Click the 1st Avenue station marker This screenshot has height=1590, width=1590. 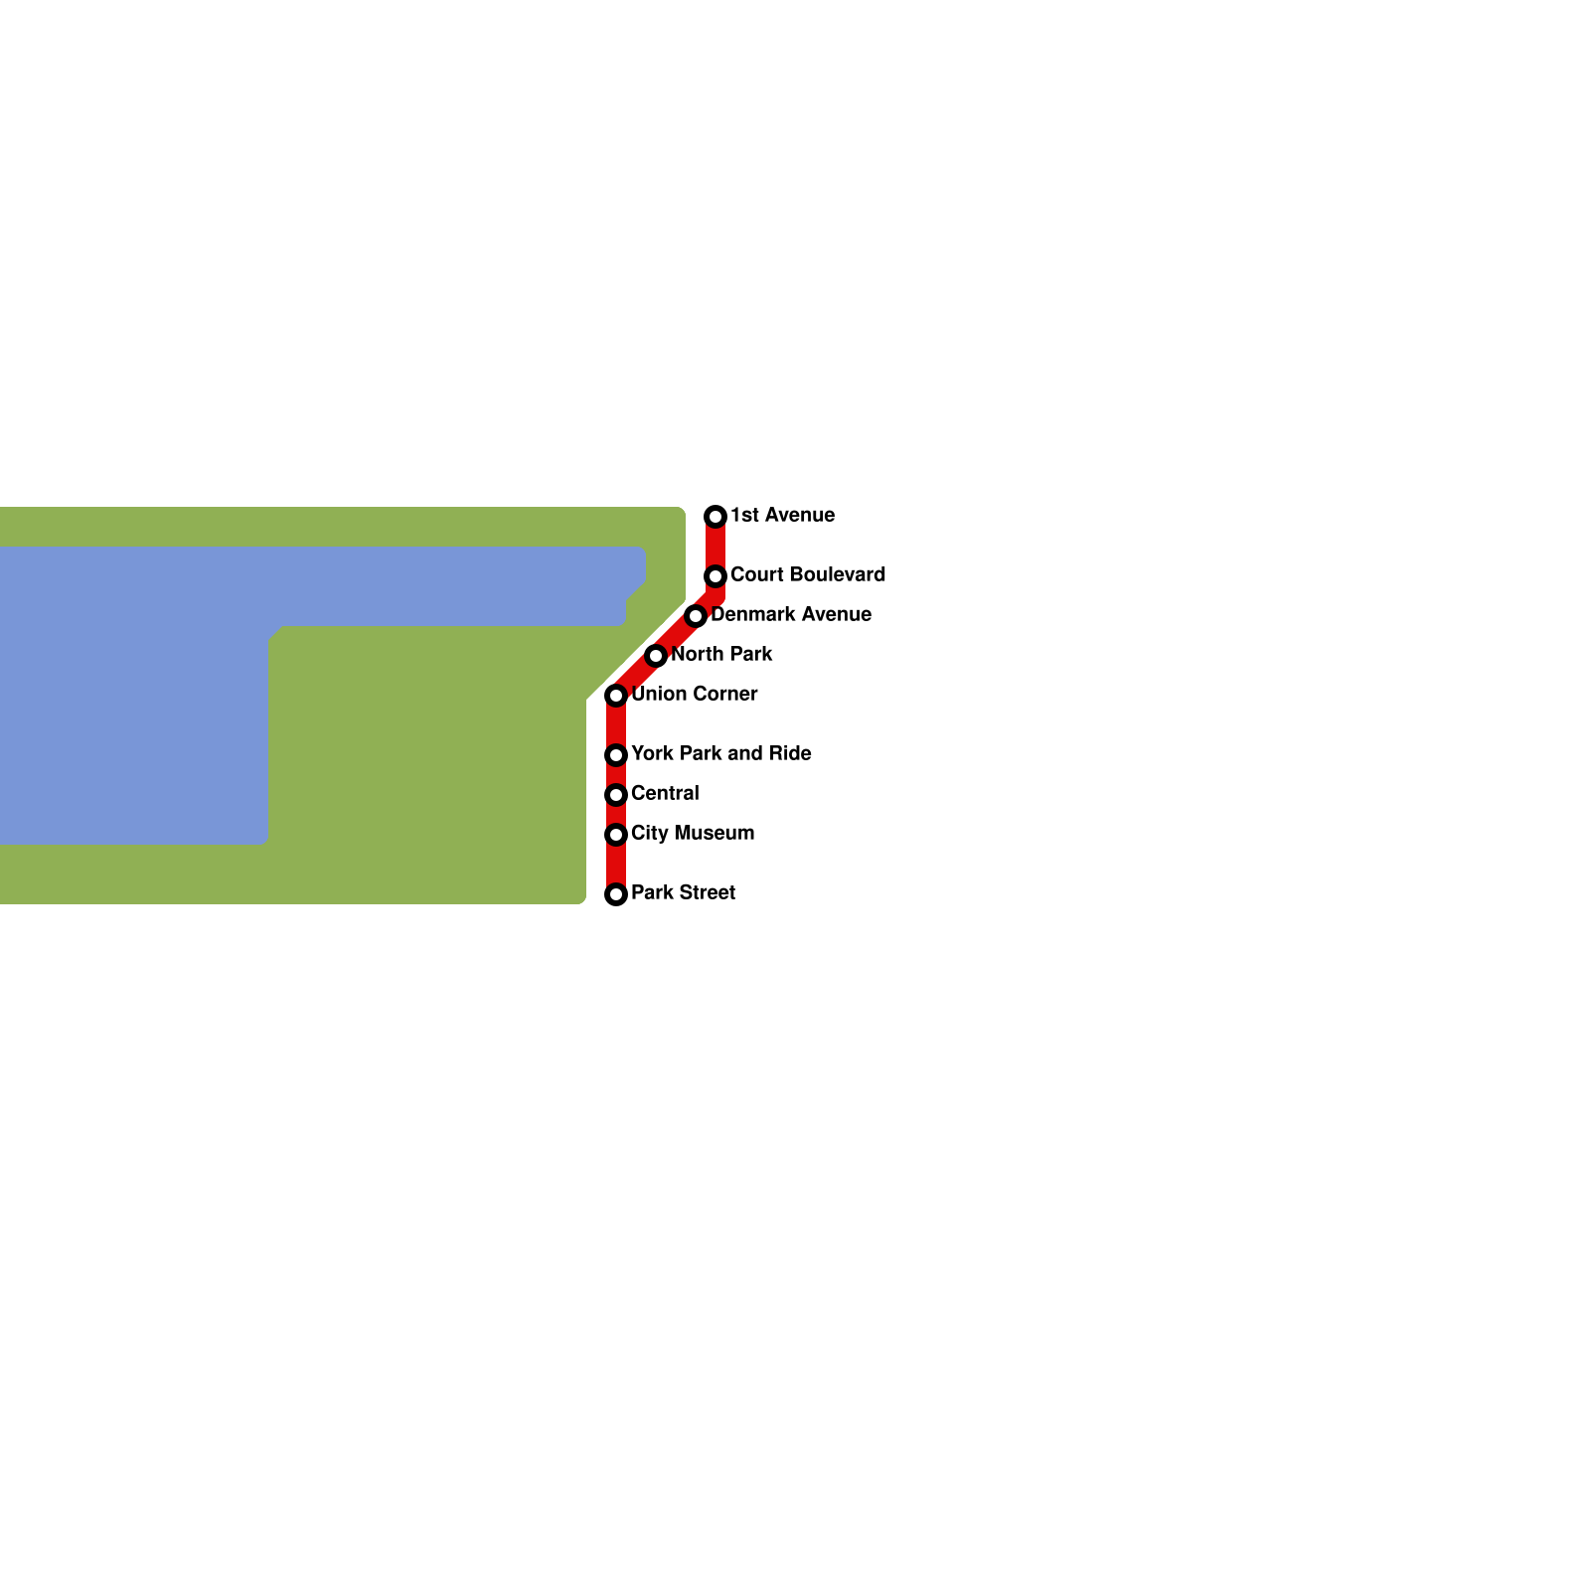coord(715,517)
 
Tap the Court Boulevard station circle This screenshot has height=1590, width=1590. coord(715,576)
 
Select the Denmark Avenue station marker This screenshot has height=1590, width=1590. coord(696,616)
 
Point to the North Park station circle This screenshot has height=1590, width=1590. coord(656,656)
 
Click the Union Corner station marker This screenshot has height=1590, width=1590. coord(616,696)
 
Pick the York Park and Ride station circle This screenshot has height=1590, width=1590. coord(616,755)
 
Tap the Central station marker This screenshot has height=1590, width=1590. coord(616,795)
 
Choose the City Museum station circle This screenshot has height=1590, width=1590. coord(616,835)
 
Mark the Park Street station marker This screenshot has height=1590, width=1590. coord(616,894)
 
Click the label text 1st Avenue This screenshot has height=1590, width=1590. coord(782,515)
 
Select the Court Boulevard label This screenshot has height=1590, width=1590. coord(808,574)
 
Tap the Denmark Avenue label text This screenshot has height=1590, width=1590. coord(791,614)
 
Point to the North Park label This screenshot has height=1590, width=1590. coord(721,654)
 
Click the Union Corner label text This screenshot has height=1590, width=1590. coord(695,694)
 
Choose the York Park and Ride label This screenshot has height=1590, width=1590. coord(721,753)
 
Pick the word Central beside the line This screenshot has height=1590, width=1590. coord(665,793)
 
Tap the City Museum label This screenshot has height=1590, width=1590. coord(693,833)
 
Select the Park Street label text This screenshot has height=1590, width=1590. coord(683,892)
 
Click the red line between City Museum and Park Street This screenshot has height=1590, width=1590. coord(616,865)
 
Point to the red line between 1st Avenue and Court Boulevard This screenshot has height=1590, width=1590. coord(715,547)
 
